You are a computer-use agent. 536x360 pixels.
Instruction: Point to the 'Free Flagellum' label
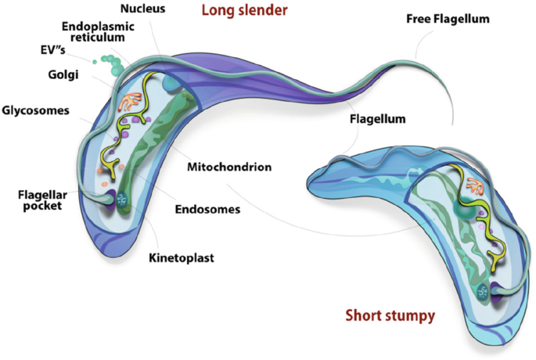[x=447, y=18]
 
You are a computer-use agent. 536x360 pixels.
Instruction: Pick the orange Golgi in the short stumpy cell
[x=477, y=188]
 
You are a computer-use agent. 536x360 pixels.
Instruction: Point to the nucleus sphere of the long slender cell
[x=171, y=84]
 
